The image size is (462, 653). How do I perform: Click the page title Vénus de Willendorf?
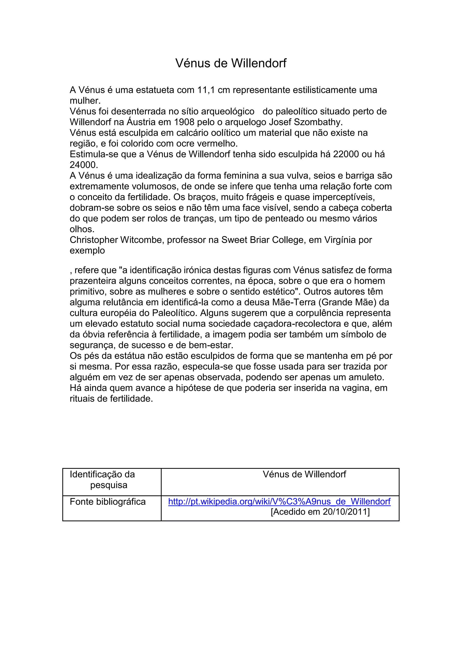[231, 63]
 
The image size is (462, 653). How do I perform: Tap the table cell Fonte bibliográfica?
[108, 502]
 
